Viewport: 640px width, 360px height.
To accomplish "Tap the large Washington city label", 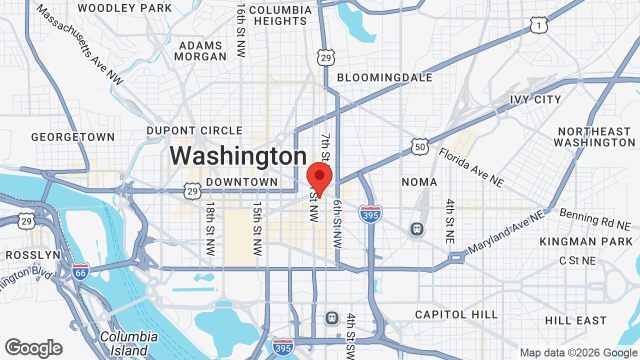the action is pos(238,155).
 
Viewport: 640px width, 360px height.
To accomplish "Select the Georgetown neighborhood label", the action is pos(73,137).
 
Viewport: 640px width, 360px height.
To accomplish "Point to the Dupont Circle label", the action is pos(194,131).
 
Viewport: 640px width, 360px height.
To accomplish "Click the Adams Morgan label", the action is pos(200,51).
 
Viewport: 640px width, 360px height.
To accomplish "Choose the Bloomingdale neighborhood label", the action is pos(384,77).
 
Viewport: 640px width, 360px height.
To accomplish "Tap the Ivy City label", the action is pos(535,99).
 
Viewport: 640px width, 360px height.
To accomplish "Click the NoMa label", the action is pos(419,182).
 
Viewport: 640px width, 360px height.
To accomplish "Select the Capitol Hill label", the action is pos(456,314).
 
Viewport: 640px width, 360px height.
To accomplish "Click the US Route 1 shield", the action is pos(539,25).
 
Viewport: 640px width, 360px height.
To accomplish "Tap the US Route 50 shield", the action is pos(420,146).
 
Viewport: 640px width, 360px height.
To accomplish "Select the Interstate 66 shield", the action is pos(80,271).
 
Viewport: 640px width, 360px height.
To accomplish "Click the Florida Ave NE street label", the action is pos(471,167).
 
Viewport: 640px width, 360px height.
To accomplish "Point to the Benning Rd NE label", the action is pos(595,219).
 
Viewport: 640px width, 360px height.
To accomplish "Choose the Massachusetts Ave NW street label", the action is pos(79,45).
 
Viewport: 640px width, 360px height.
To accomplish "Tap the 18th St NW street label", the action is pos(210,228).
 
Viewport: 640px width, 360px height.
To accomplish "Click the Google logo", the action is pos(34,348).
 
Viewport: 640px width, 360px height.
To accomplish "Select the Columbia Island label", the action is pos(129,343).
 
